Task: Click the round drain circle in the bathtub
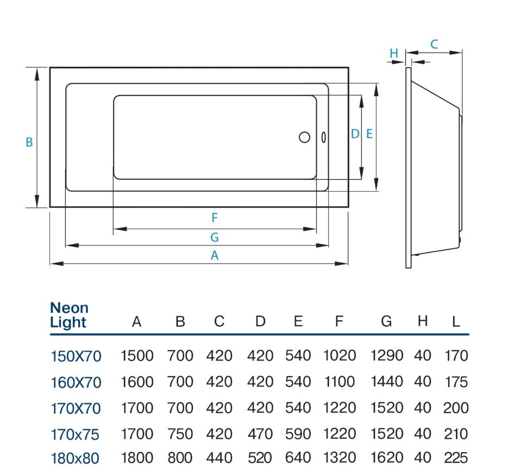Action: [304, 137]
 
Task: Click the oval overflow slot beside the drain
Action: [323, 137]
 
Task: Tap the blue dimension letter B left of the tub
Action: [29, 142]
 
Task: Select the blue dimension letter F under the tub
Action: [215, 218]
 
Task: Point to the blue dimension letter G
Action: [215, 237]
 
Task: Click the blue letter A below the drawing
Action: [215, 256]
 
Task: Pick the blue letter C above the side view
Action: [434, 45]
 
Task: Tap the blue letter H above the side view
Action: [394, 53]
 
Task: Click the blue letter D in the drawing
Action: [355, 134]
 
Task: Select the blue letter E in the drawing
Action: [369, 134]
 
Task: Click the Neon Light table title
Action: [69, 315]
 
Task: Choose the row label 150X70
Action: [76, 356]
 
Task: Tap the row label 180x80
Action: [75, 458]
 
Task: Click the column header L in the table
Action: [456, 322]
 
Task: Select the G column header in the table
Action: [386, 321]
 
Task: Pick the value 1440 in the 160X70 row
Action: [387, 382]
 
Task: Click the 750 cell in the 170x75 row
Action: [180, 434]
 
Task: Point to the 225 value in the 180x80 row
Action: [456, 458]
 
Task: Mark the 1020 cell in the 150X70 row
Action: [340, 356]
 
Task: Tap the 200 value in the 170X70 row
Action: [456, 408]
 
